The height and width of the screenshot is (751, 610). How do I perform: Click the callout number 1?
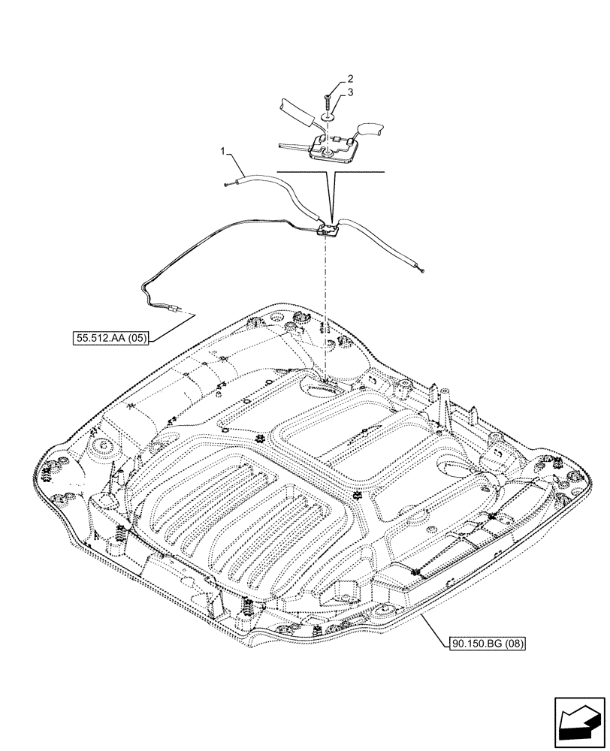[222, 153]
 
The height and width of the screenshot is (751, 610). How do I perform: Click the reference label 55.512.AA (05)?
[111, 339]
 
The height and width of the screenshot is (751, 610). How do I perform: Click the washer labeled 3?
[326, 117]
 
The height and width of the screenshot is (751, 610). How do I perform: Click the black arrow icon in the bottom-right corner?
[579, 722]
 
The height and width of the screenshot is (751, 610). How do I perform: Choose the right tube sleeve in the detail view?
[370, 131]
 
